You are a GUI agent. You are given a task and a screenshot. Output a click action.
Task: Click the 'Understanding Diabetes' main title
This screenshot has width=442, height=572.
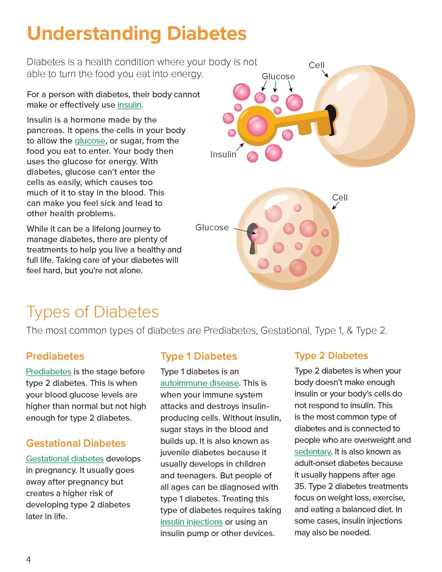tap(136, 33)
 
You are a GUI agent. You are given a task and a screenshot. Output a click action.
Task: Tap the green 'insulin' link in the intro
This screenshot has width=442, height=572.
tap(129, 105)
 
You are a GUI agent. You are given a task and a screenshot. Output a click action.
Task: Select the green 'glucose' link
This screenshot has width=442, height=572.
tap(90, 141)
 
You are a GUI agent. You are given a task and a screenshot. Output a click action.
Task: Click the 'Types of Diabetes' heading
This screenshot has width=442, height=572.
tap(93, 312)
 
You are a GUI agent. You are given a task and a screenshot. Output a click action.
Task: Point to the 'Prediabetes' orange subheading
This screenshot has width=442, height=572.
tap(55, 356)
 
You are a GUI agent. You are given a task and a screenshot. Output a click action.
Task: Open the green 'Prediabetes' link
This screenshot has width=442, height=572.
tap(49, 371)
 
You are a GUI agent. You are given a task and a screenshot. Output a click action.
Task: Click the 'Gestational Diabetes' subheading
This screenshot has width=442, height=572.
tap(76, 443)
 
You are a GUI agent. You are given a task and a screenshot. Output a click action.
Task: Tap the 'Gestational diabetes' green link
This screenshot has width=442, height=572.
tap(65, 459)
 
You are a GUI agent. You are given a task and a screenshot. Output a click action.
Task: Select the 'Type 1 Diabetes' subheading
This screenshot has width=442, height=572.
tap(199, 356)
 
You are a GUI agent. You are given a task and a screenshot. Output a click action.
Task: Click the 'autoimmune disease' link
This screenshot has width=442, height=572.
tap(199, 383)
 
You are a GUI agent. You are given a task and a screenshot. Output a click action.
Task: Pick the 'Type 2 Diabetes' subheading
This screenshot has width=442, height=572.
tap(331, 355)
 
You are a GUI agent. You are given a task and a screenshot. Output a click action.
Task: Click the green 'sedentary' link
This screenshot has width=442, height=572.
tap(313, 452)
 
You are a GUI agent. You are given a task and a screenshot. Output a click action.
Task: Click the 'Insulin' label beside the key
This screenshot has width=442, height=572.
tap(223, 154)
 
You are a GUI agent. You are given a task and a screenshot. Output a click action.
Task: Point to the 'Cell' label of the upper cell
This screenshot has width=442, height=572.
tap(316, 65)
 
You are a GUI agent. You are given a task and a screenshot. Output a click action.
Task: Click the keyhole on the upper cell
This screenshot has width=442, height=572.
tap(331, 119)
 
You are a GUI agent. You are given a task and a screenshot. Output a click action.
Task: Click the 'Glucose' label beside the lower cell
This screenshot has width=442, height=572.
tap(212, 227)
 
